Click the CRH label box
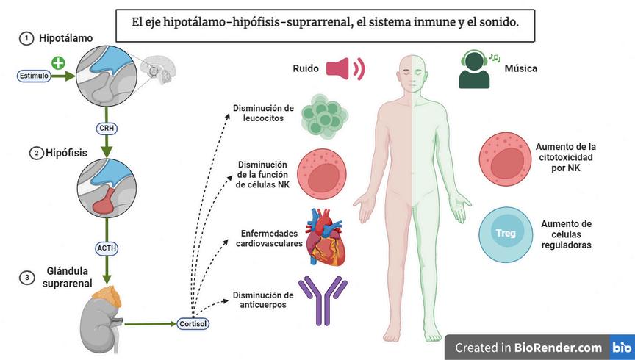tap(107, 129)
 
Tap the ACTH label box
tap(107, 248)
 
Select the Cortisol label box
tap(192, 323)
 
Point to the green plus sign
tap(57, 63)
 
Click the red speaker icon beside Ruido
tap(345, 69)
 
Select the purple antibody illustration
tap(321, 300)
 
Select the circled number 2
tap(35, 154)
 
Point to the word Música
tap(520, 69)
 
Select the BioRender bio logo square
tap(621, 347)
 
